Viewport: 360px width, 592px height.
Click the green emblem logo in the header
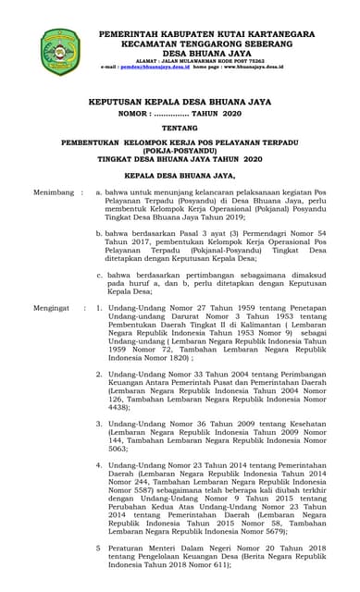click(60, 51)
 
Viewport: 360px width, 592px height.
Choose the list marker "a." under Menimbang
click(99, 193)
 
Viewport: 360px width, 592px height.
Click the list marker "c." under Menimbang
click(99, 275)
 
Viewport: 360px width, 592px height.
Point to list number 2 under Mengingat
click(99, 374)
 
